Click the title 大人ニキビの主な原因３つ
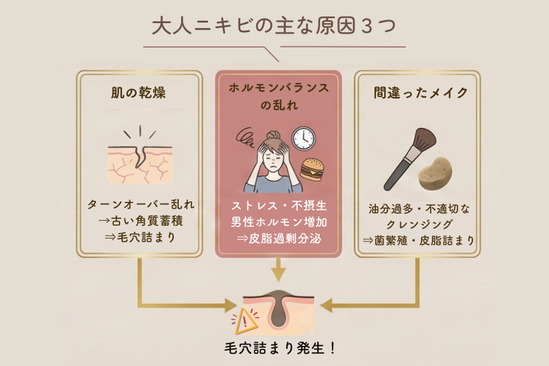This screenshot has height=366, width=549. (274, 26)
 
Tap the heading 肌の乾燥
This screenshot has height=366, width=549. (138, 93)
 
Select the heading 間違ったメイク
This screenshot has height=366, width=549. (420, 93)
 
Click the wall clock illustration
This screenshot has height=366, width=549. (304, 138)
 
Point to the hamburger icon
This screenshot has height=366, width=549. (312, 170)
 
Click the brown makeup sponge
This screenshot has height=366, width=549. (435, 174)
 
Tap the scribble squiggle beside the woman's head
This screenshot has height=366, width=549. (245, 137)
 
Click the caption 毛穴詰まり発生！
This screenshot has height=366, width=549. (280, 348)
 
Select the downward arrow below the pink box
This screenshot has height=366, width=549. (278, 270)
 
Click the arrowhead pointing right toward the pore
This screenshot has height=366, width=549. (231, 306)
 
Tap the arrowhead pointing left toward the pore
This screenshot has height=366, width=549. (327, 306)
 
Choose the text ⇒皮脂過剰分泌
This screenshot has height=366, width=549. (279, 239)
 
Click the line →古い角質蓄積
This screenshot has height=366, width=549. (141, 221)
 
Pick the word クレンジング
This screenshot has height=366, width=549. (419, 224)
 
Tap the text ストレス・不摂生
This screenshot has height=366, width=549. (279, 206)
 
